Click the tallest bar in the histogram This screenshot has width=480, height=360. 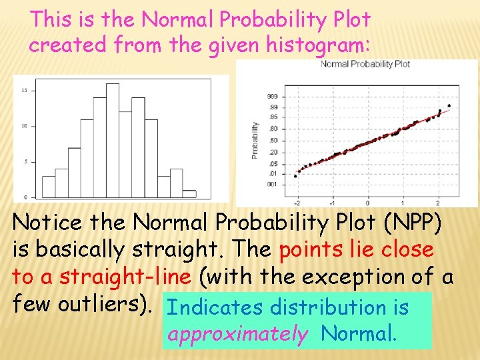[x=112, y=141]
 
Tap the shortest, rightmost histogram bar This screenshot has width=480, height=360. [x=189, y=194]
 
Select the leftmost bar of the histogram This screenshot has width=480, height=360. [x=49, y=186]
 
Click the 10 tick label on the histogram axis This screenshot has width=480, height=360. [x=24, y=125]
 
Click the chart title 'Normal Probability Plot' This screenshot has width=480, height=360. [x=365, y=64]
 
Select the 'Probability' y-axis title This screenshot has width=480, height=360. [x=255, y=139]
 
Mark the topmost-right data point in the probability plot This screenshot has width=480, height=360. [x=449, y=105]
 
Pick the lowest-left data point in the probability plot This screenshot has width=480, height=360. [x=296, y=176]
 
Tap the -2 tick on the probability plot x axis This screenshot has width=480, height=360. [x=297, y=203]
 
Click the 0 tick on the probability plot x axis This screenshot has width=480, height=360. [x=367, y=203]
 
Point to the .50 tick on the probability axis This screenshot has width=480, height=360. [x=273, y=140]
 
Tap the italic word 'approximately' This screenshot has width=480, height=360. [x=238, y=333]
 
